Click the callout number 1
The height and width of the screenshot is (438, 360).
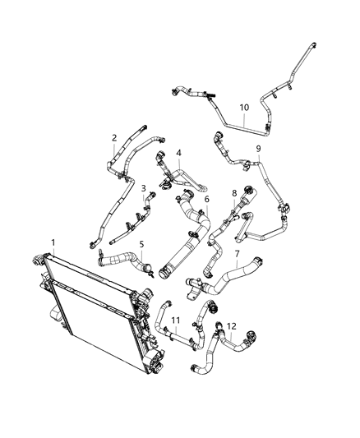53,242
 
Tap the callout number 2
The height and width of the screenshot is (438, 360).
114,138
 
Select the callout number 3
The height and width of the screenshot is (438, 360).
144,188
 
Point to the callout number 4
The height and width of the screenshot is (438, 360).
178,153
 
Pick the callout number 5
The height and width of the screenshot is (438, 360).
141,244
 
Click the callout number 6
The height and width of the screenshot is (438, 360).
206,199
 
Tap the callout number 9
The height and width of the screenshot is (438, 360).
258,148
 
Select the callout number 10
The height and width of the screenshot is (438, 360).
244,107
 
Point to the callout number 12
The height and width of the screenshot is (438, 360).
232,326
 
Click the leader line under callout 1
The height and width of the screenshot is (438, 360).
53,252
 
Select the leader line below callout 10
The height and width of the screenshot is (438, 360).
244,118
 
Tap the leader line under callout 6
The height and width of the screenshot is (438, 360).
206,210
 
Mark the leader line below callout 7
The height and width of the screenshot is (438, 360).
237,265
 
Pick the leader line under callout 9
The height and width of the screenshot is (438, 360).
258,159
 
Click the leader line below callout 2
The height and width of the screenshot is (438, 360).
114,149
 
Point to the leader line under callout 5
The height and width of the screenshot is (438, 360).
141,255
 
